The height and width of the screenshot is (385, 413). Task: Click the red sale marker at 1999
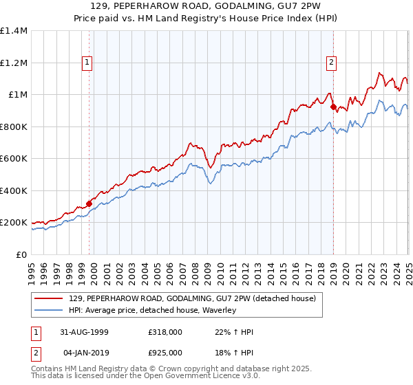coord(89,204)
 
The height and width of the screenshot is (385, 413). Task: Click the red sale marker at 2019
coord(333,107)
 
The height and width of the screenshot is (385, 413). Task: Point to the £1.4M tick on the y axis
coord(14,31)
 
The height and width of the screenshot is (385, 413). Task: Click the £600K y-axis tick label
coord(14,159)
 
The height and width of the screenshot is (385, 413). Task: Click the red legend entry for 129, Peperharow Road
coord(192,298)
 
